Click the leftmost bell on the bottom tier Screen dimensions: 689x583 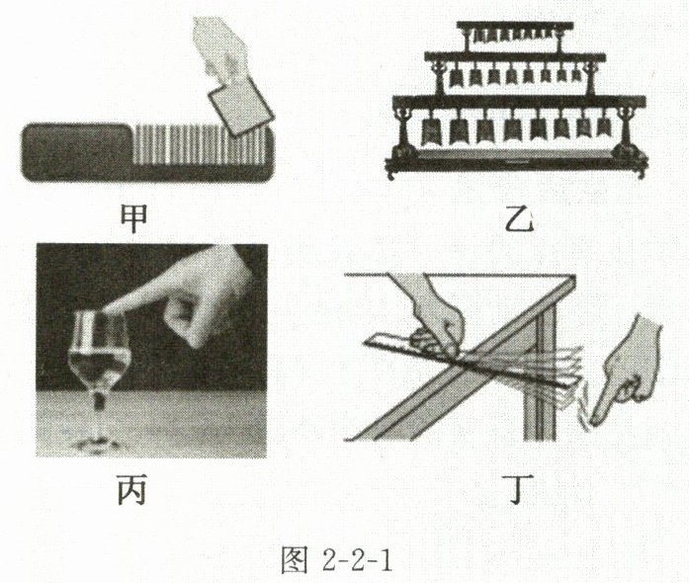(432, 129)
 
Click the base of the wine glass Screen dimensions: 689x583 (100, 443)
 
